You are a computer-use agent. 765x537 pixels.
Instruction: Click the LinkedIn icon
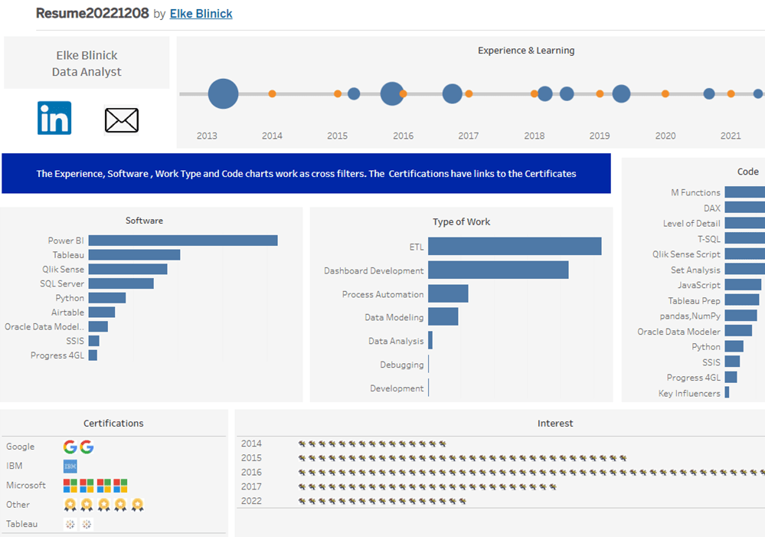tap(54, 118)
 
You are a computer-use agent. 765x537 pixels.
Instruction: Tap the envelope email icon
tap(122, 120)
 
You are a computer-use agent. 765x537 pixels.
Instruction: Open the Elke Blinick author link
tap(201, 14)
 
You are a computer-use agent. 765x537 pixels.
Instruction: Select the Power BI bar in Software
tap(183, 241)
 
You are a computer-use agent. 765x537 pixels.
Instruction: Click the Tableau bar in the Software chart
tap(134, 255)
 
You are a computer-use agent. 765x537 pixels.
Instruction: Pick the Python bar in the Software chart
tap(107, 298)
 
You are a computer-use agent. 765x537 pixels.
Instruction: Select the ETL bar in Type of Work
tap(515, 246)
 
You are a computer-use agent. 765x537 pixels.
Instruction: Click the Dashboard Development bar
tap(498, 270)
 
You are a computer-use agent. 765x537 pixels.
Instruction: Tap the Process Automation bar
tap(448, 293)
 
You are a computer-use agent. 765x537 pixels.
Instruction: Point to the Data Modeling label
tap(394, 317)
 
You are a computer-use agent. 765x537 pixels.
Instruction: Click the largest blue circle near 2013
tap(223, 93)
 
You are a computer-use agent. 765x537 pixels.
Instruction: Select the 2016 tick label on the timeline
tap(403, 136)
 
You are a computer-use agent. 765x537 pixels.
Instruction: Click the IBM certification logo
tap(70, 467)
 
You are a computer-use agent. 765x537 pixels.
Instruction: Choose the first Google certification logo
tap(70, 447)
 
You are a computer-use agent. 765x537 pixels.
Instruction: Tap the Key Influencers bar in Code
tap(727, 392)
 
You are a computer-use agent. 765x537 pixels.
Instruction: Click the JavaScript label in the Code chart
tap(698, 285)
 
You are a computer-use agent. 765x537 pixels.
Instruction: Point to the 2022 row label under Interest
tap(251, 501)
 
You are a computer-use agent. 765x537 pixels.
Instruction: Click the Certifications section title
tap(113, 424)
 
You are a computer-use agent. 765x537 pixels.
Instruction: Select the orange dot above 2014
tap(273, 93)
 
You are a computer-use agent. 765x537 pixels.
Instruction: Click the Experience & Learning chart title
tap(526, 51)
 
